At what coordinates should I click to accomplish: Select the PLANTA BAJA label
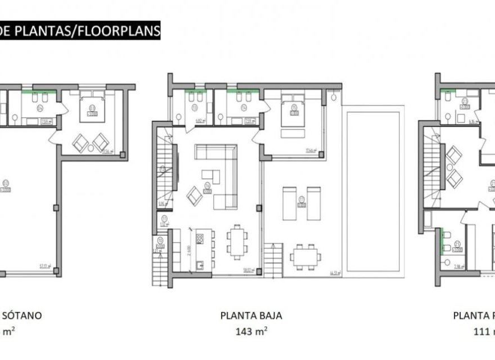point(251,316)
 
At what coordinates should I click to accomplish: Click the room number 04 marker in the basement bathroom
point(40,107)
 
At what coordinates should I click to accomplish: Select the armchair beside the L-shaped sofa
point(195,195)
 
